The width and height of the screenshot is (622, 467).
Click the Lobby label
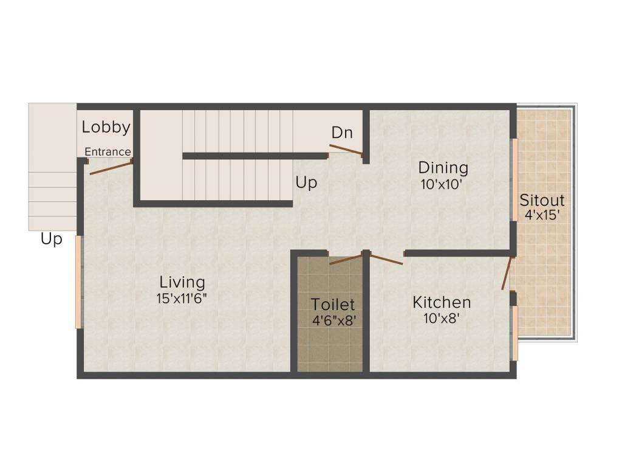[106, 128]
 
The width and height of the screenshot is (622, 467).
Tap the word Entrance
[108, 151]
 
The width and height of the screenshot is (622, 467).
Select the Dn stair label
[342, 133]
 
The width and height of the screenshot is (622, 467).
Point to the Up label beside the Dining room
[306, 183]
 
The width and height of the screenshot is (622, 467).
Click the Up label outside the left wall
[52, 240]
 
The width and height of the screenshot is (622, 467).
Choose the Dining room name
[443, 168]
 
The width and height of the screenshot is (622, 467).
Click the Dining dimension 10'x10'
[442, 185]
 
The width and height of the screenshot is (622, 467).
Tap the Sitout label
[542, 199]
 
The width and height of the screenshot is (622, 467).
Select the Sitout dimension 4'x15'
[542, 215]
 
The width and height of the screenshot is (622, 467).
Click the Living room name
[182, 282]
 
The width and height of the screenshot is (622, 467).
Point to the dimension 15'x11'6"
[182, 298]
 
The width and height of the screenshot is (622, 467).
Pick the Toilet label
[332, 305]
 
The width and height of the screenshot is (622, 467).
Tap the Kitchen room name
[442, 303]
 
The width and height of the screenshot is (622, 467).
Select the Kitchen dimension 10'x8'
[442, 318]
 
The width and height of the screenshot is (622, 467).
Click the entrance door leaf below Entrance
[111, 168]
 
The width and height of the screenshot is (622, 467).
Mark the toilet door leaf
[346, 259]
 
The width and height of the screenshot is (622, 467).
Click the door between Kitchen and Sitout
[507, 274]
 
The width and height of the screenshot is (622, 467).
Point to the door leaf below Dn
[346, 150]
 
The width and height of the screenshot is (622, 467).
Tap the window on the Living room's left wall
[78, 282]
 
